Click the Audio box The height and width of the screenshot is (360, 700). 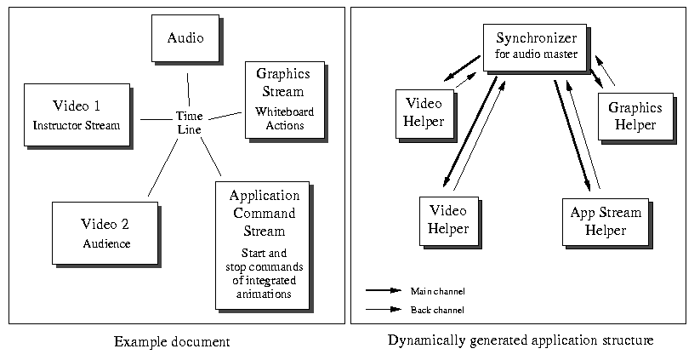[185, 38]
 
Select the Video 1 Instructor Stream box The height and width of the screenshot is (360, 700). [77, 115]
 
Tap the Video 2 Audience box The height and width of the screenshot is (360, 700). [105, 232]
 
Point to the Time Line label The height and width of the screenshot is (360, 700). [187, 122]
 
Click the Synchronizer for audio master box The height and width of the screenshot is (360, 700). [536, 46]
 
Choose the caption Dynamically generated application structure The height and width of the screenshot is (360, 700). [521, 340]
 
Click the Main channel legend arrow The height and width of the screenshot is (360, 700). [383, 289]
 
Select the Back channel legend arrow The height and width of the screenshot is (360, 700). [383, 308]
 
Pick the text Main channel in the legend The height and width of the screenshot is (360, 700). [437, 290]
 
